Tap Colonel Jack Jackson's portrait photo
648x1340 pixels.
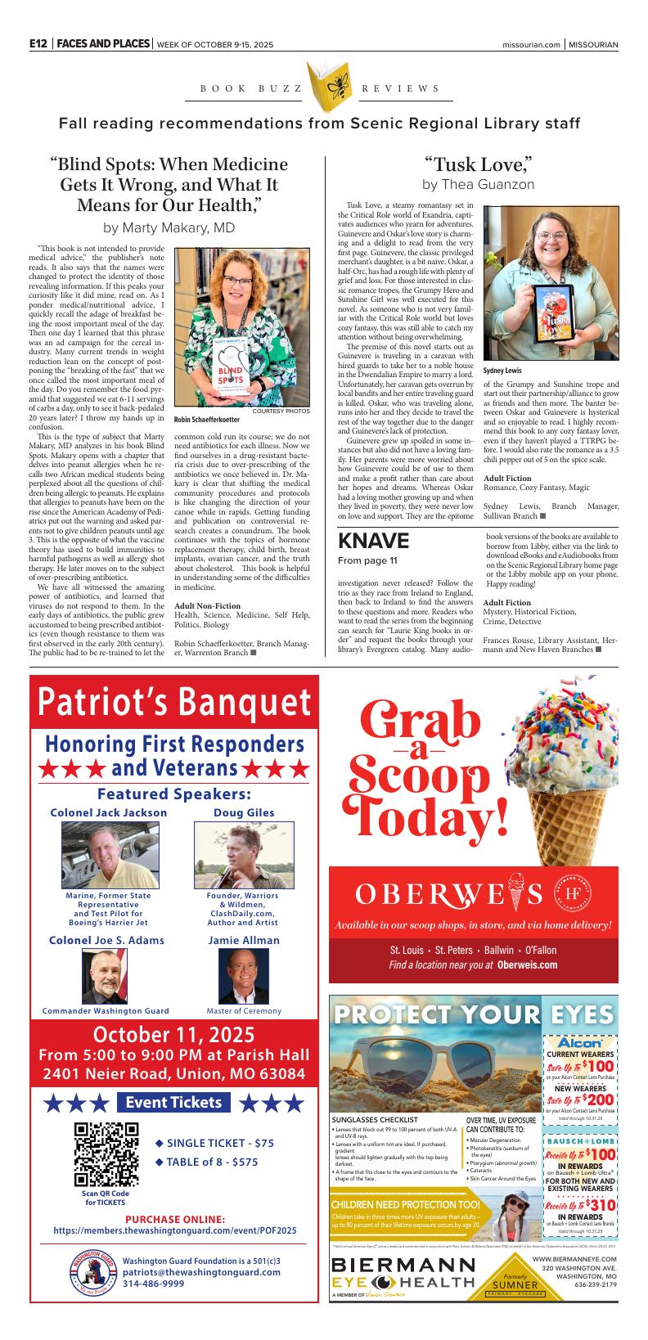(110, 856)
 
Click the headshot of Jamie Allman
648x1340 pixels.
(243, 976)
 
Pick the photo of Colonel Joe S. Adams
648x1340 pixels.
(105, 976)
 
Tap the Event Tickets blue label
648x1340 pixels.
(173, 1102)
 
